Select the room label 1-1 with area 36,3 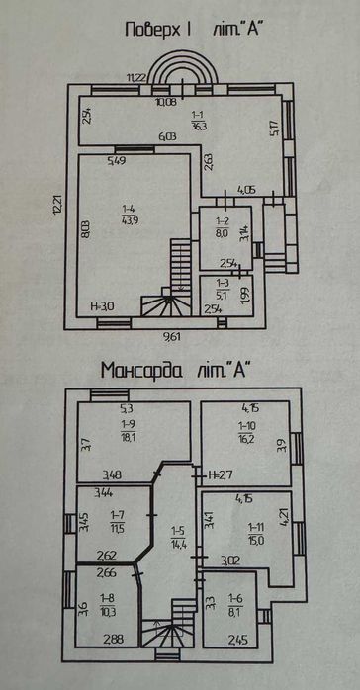click(x=200, y=121)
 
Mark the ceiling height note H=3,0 click(x=104, y=306)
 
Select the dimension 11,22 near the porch click(x=136, y=77)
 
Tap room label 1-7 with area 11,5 click(x=117, y=518)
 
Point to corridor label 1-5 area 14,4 click(x=178, y=541)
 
